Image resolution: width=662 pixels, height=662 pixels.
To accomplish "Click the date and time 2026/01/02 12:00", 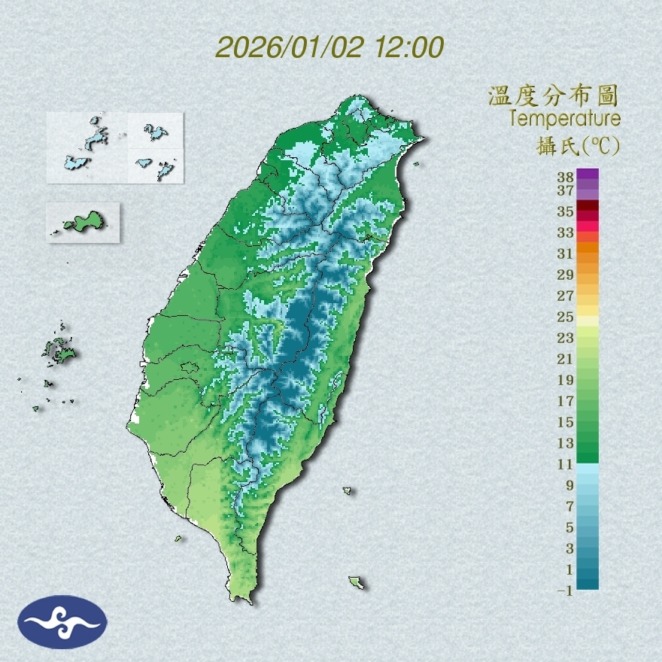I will click(329, 47).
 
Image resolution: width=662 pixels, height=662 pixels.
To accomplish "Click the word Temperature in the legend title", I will click(564, 119).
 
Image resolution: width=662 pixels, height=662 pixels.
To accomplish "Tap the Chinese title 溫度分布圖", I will click(553, 96).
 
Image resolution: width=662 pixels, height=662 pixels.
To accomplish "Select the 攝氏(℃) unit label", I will click(578, 144).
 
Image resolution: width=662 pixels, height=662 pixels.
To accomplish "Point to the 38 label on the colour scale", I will click(566, 178).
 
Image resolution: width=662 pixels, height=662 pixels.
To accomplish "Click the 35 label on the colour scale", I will click(566, 211).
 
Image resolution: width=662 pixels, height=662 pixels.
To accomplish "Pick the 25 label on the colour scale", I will click(566, 317).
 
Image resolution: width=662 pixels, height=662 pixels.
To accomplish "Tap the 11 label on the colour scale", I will click(566, 464).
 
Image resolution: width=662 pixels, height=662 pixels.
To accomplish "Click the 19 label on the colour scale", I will click(566, 380).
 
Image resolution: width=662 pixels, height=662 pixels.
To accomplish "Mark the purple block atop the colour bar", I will click(588, 174).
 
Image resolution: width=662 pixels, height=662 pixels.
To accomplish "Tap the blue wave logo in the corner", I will click(62, 622).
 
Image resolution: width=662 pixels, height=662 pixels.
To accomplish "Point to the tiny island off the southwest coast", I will click(179, 539).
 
